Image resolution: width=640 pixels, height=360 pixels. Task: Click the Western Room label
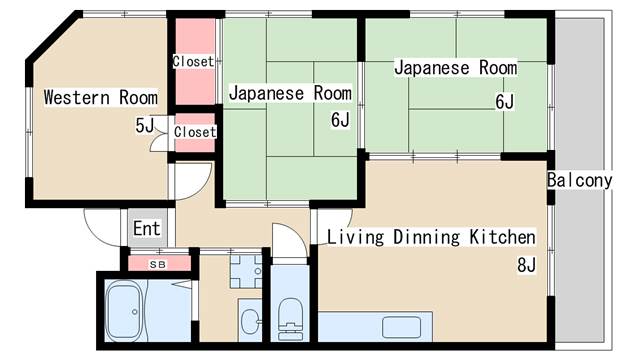click(x=100, y=98)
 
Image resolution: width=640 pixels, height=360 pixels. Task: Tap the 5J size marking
click(x=145, y=126)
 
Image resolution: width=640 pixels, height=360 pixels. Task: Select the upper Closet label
click(x=193, y=62)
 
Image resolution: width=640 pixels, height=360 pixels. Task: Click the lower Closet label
click(x=195, y=132)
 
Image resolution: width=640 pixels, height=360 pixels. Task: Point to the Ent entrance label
click(x=147, y=228)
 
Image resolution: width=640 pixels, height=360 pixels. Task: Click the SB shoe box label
click(x=158, y=264)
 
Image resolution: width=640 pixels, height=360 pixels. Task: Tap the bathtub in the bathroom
click(x=124, y=311)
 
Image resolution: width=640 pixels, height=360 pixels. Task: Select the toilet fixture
click(x=290, y=319)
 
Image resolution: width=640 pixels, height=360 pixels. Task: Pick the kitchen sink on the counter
click(x=401, y=327)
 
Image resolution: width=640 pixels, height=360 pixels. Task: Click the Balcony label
click(x=580, y=180)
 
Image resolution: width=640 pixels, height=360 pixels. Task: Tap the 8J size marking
click(x=527, y=265)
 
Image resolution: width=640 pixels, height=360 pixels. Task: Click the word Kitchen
click(x=502, y=237)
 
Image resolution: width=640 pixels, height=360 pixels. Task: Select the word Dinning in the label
click(x=426, y=238)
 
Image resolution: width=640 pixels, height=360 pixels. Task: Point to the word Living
click(x=356, y=238)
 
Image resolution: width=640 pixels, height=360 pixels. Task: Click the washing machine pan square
click(x=246, y=271)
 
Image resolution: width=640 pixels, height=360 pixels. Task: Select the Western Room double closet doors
click(x=160, y=133)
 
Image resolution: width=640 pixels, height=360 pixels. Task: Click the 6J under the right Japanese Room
click(x=505, y=102)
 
